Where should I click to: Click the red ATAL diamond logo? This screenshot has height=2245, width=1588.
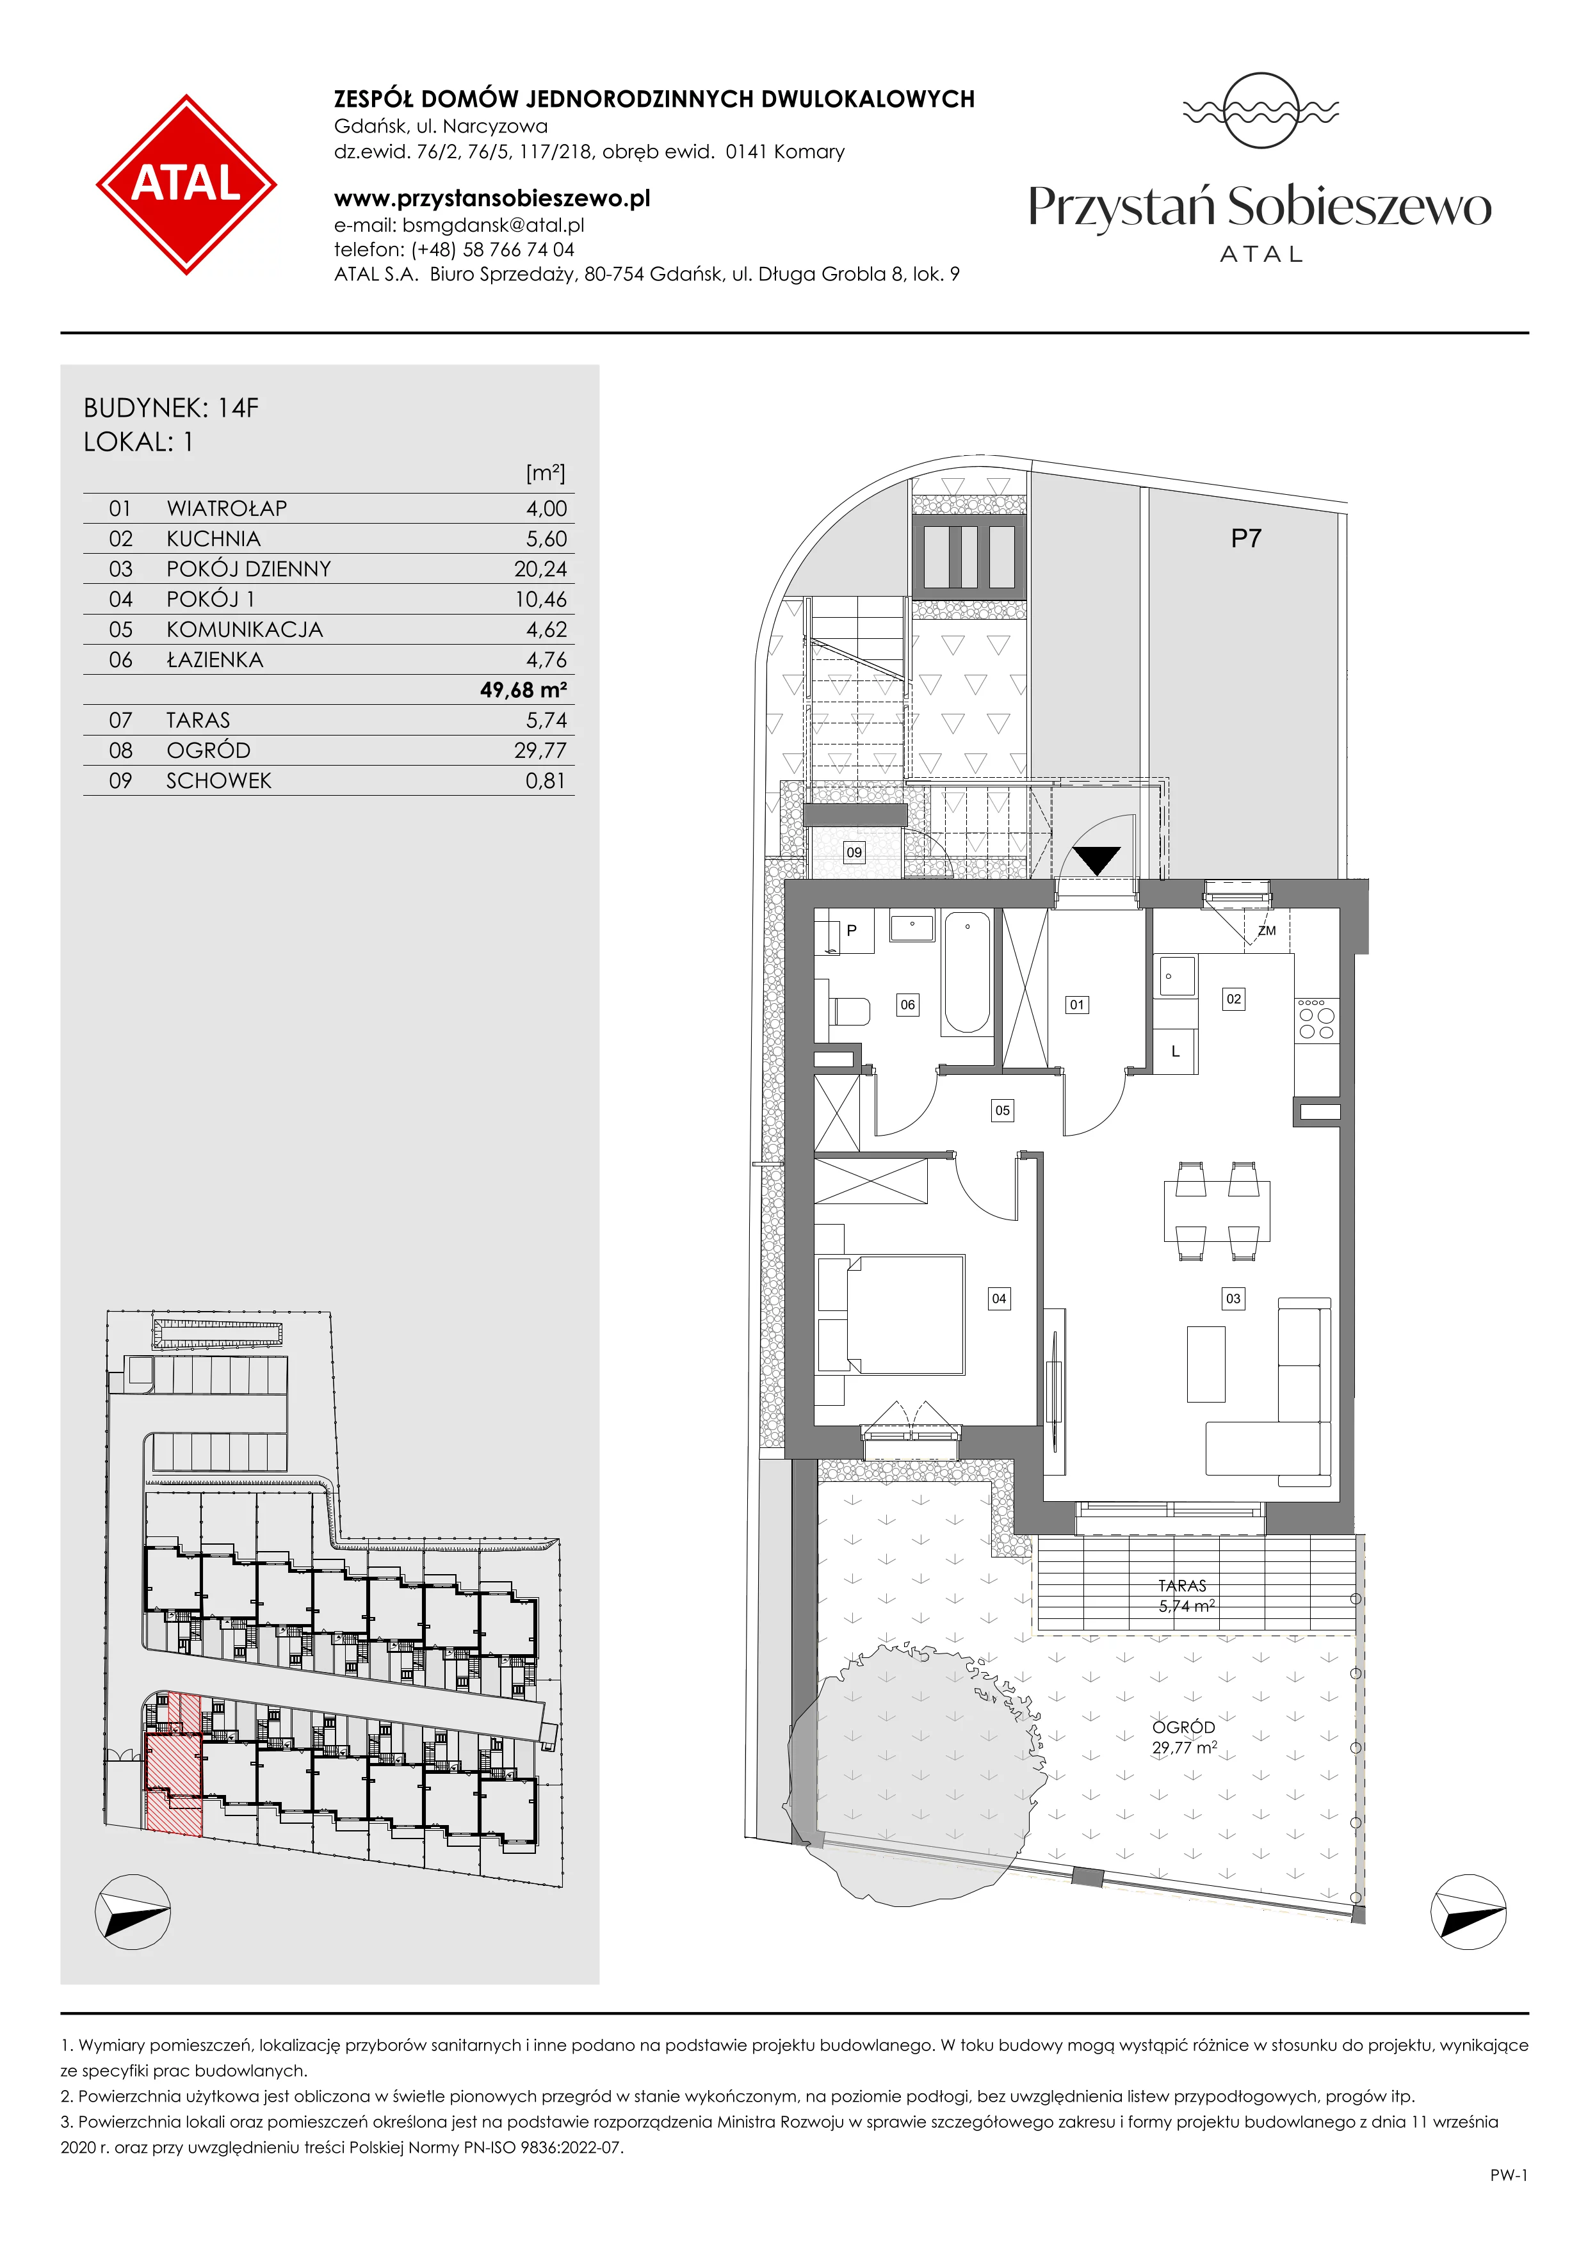coord(186,184)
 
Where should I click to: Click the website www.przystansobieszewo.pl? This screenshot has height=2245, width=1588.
coord(492,198)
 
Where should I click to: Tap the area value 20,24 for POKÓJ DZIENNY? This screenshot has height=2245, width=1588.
coord(540,569)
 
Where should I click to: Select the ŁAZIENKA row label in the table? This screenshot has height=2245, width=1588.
coord(215,660)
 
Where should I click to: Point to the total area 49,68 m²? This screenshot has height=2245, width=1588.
coord(523,690)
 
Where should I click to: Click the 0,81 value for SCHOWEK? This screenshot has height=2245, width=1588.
coord(546,780)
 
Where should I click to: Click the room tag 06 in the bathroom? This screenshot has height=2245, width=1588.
coord(909,1004)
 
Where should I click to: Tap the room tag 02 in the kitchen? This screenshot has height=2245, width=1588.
coord(1234,999)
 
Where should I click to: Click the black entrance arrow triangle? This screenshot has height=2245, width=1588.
coord(1097,860)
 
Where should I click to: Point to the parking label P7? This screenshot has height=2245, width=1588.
coord(1246,539)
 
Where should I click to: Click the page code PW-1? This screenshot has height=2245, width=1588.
coord(1509,2176)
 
